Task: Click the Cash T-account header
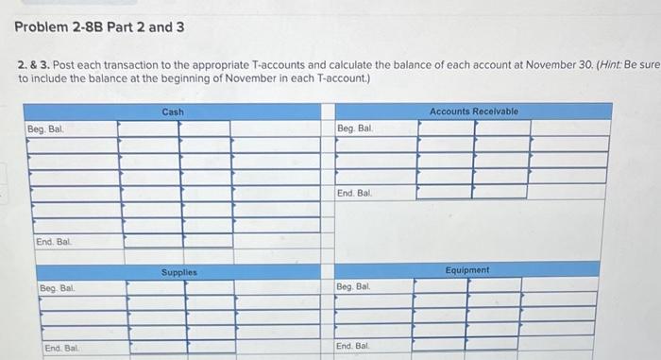pyautogui.click(x=173, y=111)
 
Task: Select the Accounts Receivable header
pyautogui.click(x=473, y=111)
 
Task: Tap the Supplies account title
pyautogui.click(x=178, y=272)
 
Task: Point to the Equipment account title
pyautogui.click(x=468, y=270)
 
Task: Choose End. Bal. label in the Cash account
pyautogui.click(x=54, y=242)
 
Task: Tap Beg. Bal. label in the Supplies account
pyautogui.click(x=59, y=286)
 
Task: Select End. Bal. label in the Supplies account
pyautogui.click(x=62, y=349)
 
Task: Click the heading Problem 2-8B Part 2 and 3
pyautogui.click(x=99, y=26)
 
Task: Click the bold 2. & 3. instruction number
pyautogui.click(x=28, y=63)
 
